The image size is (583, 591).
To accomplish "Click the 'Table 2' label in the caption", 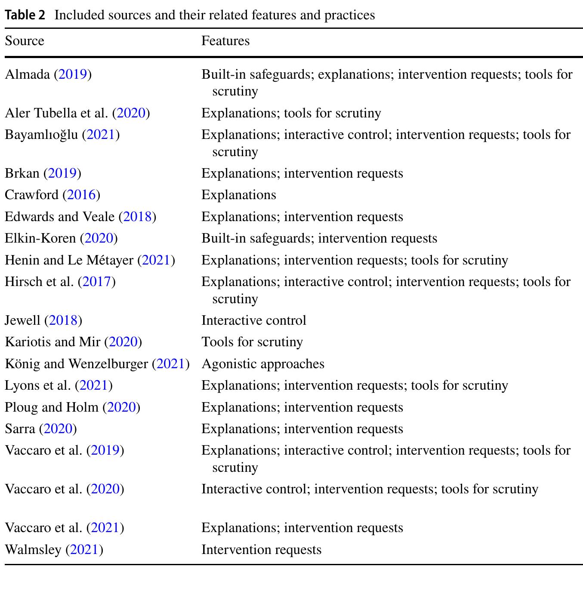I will pos(25,15).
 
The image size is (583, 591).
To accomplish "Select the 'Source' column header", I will pos(25,41).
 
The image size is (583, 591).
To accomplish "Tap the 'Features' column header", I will pos(225,41).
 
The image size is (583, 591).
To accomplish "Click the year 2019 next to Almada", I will pos(73,74).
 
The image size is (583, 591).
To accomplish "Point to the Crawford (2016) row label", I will pos(52,195).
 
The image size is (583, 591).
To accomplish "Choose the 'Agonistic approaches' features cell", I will pos(263,364).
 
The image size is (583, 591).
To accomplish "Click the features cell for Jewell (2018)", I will pos(254,320).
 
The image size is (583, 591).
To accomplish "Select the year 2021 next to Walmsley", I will pos(84,550).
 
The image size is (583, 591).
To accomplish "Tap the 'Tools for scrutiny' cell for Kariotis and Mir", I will pos(252,342).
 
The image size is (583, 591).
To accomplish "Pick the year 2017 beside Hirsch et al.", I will pos(97,282).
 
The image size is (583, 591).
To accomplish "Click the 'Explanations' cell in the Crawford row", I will pos(239,195).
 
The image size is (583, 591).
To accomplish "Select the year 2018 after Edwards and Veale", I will pos(138,216).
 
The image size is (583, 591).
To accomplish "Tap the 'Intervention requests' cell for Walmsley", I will pos(261,550).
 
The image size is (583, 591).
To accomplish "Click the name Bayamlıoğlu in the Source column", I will pos(41,135).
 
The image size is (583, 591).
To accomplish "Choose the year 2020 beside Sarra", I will pos(58,429).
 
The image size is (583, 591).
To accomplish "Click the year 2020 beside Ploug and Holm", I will pos(121,407).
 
